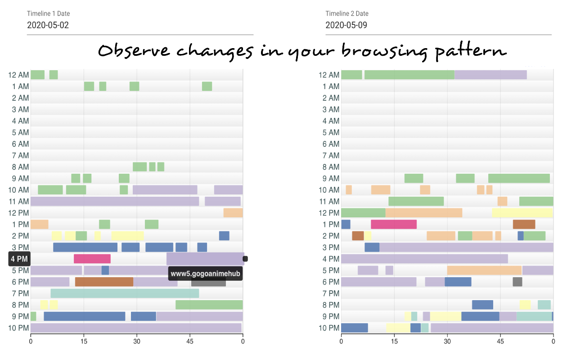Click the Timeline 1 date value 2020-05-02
pyautogui.click(x=48, y=25)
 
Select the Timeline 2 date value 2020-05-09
pyautogui.click(x=346, y=25)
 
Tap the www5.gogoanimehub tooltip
pyautogui.click(x=205, y=274)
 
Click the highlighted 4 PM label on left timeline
pyautogui.click(x=19, y=259)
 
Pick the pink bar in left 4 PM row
pyautogui.click(x=92, y=259)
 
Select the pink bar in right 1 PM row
pyautogui.click(x=394, y=224)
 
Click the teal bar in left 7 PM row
pyautogui.click(x=125, y=293)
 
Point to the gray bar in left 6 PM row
pyautogui.click(x=208, y=282)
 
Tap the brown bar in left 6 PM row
pyautogui.click(x=104, y=282)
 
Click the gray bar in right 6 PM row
pyautogui.click(x=517, y=282)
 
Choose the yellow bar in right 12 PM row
pyautogui.click(x=522, y=213)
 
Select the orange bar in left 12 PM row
pyautogui.click(x=233, y=213)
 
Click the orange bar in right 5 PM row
pyautogui.click(x=484, y=270)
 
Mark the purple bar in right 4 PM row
pyautogui.click(x=424, y=259)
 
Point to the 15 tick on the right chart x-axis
pyautogui.click(x=394, y=342)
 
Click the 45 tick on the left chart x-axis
pyautogui.click(x=190, y=342)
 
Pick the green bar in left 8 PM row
pyautogui.click(x=209, y=305)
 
